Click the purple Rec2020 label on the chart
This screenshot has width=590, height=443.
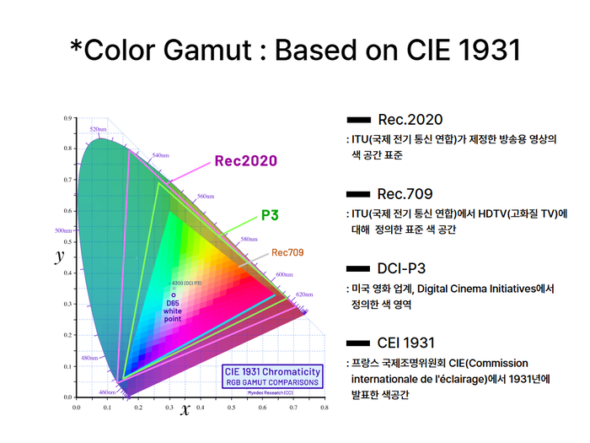pyautogui.click(x=245, y=161)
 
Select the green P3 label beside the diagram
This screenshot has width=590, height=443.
pyautogui.click(x=270, y=215)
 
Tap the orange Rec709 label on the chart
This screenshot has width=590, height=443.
pyautogui.click(x=287, y=252)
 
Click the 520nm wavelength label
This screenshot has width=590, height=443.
pyautogui.click(x=98, y=129)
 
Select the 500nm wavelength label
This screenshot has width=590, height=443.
pyautogui.click(x=64, y=230)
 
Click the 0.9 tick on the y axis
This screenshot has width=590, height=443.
pyautogui.click(x=67, y=119)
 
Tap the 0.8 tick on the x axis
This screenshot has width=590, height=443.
pyautogui.click(x=324, y=407)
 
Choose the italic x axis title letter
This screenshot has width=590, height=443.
pyautogui.click(x=185, y=409)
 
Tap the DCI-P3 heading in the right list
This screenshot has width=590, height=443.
pyautogui.click(x=405, y=268)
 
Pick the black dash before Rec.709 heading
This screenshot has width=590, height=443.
pyautogui.click(x=359, y=194)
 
